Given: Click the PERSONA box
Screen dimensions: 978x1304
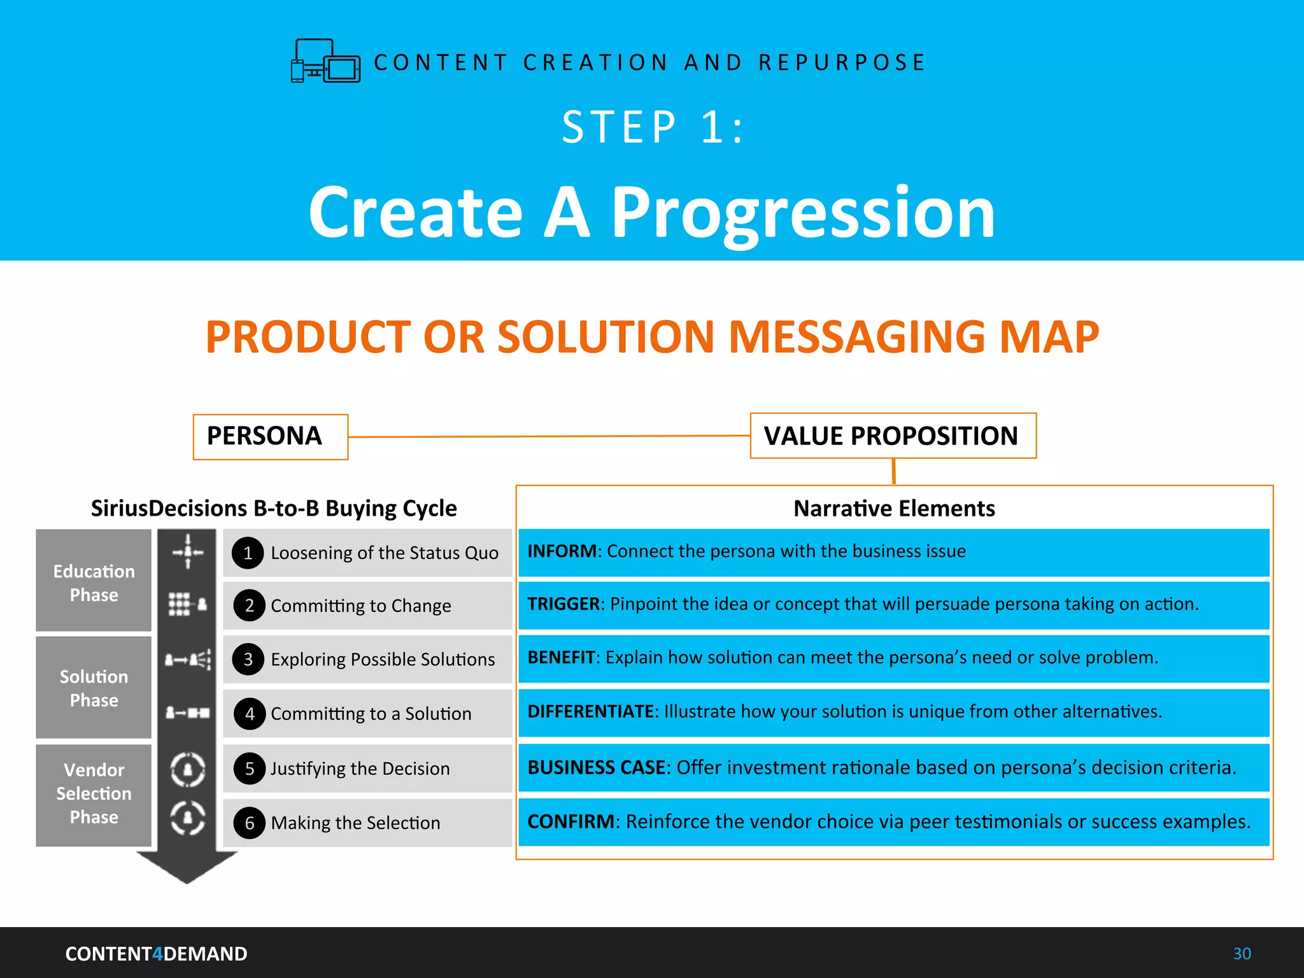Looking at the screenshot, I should click(x=270, y=437).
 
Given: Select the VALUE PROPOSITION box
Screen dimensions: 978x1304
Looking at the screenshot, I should click(x=893, y=436).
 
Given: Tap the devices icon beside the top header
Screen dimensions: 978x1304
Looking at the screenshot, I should click(x=325, y=61).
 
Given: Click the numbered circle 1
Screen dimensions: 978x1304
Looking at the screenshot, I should click(x=248, y=553).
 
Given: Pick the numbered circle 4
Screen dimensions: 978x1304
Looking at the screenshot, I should click(x=250, y=714).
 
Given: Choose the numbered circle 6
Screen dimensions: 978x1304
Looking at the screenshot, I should click(x=250, y=823).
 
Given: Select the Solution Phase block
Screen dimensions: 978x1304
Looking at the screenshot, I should click(x=94, y=688).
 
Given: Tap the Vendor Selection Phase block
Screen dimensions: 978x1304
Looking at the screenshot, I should click(x=94, y=794).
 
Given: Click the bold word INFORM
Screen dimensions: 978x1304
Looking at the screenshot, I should click(x=562, y=551).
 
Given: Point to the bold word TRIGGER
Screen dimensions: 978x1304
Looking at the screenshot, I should click(x=563, y=604).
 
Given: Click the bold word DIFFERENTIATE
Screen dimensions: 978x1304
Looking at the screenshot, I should click(x=590, y=712).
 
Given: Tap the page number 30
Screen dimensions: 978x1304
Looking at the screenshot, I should click(x=1242, y=954).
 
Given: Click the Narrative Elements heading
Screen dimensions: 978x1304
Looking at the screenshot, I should click(x=894, y=509).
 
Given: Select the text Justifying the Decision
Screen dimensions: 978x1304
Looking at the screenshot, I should click(x=360, y=769).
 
